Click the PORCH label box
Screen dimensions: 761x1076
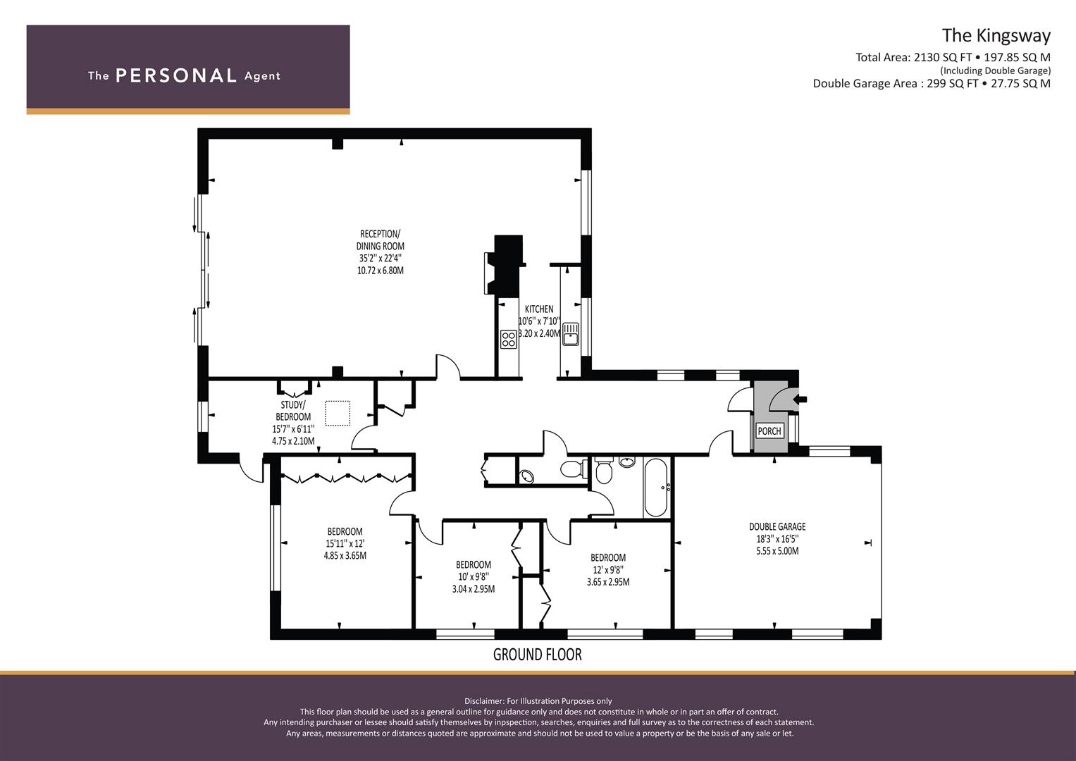pyautogui.click(x=769, y=431)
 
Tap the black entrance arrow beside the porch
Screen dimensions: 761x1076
pyautogui.click(x=800, y=400)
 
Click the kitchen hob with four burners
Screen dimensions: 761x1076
pyautogui.click(x=508, y=339)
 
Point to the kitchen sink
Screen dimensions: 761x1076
pyautogui.click(x=570, y=334)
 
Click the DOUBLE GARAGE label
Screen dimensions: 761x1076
pyautogui.click(x=777, y=526)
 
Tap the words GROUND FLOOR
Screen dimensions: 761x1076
pyautogui.click(x=537, y=655)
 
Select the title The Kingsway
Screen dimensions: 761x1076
pyautogui.click(x=996, y=35)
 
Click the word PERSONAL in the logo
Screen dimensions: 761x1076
pyautogui.click(x=175, y=75)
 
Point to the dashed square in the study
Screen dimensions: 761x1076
pyautogui.click(x=338, y=414)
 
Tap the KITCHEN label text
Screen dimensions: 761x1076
pyautogui.click(x=539, y=309)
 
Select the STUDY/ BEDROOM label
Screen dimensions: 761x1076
pyautogui.click(x=293, y=411)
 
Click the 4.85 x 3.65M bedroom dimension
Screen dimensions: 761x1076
pyautogui.click(x=345, y=555)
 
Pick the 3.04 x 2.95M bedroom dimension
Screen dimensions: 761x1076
pyautogui.click(x=473, y=589)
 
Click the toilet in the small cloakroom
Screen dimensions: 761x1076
pyautogui.click(x=573, y=469)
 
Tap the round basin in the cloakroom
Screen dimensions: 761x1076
pyautogui.click(x=526, y=477)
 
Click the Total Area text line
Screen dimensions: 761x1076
pyautogui.click(x=953, y=58)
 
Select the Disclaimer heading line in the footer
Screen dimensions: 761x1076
pyautogui.click(x=538, y=700)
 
